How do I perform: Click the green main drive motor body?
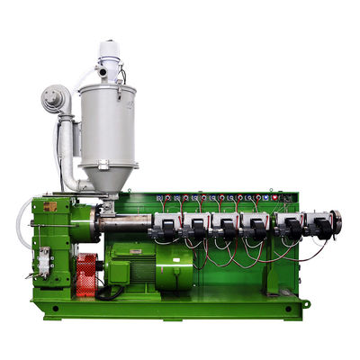pos(135,265)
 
